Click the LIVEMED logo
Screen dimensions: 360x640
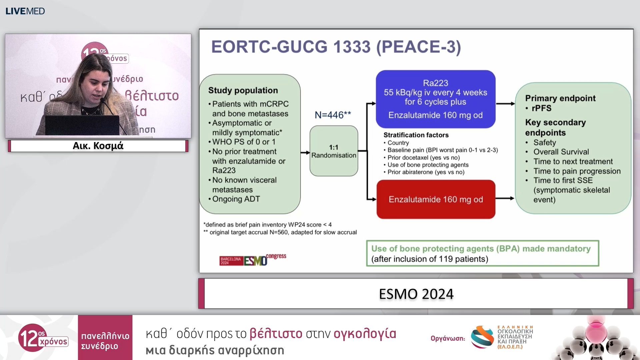tap(25, 11)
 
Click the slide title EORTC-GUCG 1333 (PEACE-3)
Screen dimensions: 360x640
tap(336, 47)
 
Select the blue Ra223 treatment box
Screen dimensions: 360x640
tap(435, 99)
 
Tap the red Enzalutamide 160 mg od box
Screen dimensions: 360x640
tap(436, 199)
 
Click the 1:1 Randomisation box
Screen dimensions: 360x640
tap(334, 151)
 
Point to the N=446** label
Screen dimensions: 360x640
tap(333, 115)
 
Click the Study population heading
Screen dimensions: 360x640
tap(243, 90)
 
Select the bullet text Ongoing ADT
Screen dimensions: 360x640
tap(236, 199)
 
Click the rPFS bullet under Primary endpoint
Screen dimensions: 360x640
tap(541, 108)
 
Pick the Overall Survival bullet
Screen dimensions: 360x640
tap(561, 152)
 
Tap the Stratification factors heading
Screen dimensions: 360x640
tap(416, 135)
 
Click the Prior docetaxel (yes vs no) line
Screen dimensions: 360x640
tap(423, 157)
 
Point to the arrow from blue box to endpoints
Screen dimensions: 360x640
tap(505, 104)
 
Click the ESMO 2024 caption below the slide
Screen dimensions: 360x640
tap(416, 294)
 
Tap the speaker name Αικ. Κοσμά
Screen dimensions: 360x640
tap(98, 146)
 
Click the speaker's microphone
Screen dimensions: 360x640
tap(103, 100)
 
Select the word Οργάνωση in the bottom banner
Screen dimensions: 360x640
tap(447, 338)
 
